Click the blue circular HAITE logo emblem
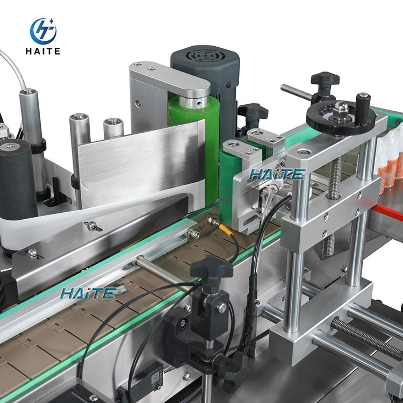tap(43, 31)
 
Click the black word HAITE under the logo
tap(43, 51)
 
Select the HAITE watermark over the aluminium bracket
tap(277, 174)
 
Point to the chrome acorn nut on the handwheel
tap(341, 109)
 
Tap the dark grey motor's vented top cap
tap(205, 57)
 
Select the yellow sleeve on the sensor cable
tap(226, 229)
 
